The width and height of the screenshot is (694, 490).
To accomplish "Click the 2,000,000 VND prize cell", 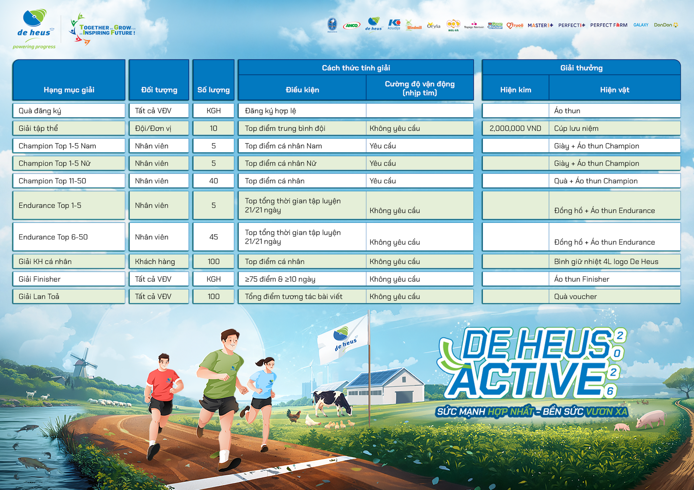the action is click(x=515, y=128).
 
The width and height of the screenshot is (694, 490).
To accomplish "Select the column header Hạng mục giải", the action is click(x=69, y=90).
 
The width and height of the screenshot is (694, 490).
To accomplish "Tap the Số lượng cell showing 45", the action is click(x=214, y=237).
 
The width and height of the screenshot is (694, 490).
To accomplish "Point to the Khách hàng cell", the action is click(x=159, y=262).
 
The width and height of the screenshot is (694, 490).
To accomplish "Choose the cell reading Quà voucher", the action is click(x=615, y=297).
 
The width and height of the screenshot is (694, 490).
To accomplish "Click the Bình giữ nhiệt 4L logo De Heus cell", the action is click(x=615, y=262).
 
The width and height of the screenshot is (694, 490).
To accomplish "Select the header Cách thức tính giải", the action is click(x=356, y=68).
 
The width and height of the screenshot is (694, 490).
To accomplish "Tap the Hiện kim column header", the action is click(x=516, y=90).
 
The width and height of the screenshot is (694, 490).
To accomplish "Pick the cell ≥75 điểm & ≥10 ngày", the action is click(x=302, y=279).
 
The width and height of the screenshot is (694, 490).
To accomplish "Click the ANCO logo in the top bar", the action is click(x=352, y=26).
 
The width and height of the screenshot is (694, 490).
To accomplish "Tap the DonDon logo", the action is click(x=666, y=25).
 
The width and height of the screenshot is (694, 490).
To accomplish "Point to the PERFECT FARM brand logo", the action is click(x=609, y=25).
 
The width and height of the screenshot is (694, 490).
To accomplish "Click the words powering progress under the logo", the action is click(x=34, y=47).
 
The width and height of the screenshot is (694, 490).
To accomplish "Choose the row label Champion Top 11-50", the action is click(x=52, y=181).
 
